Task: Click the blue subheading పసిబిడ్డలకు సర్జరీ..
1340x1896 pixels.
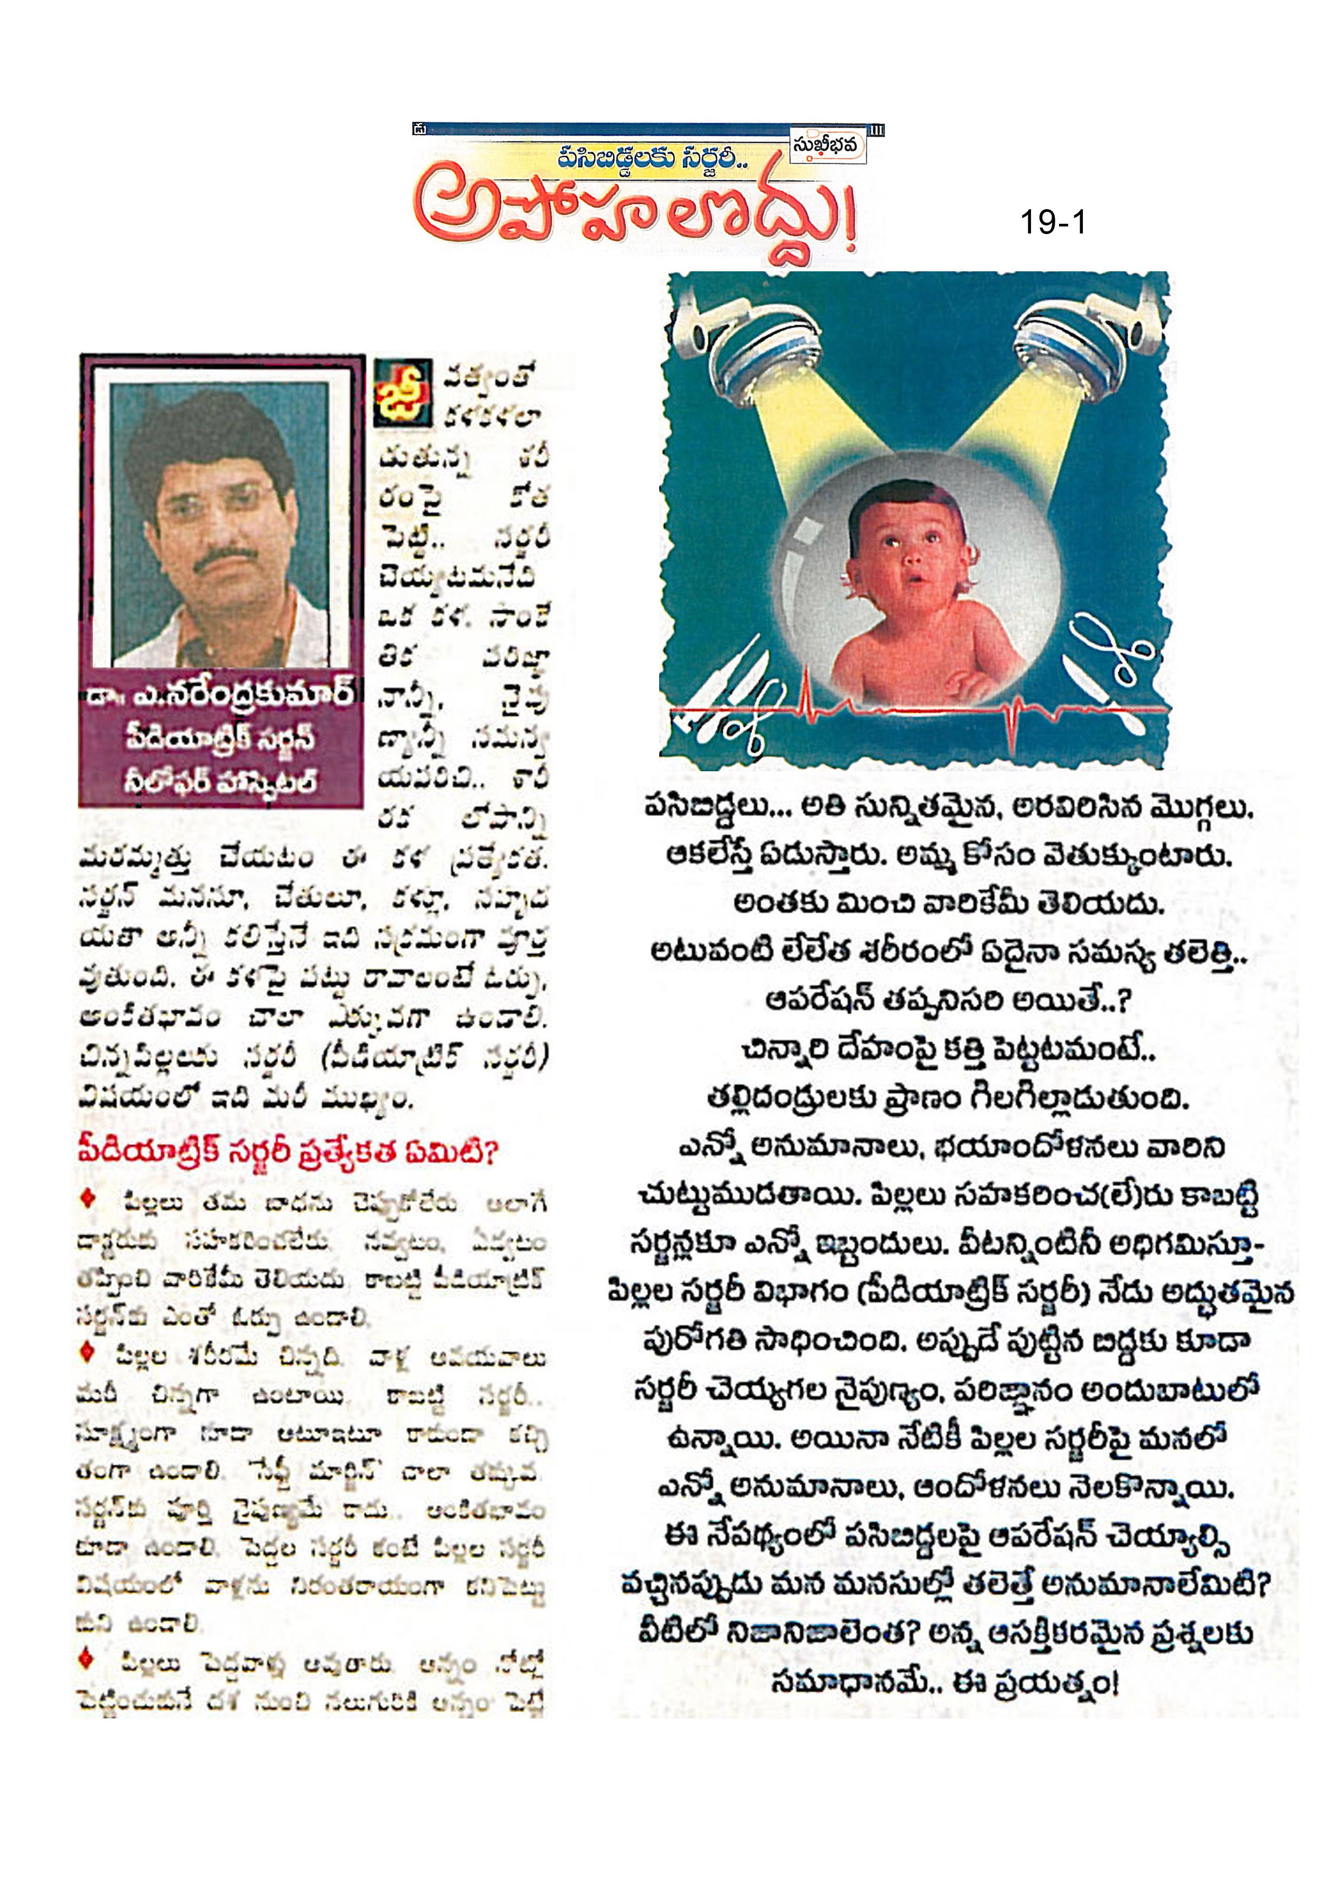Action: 652,157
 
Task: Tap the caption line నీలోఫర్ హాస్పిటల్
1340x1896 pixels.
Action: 219,779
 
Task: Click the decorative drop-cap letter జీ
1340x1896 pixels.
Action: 402,392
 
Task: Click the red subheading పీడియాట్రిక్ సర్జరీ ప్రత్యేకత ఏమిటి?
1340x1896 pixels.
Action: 287,1150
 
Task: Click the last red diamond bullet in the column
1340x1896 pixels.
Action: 88,1660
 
